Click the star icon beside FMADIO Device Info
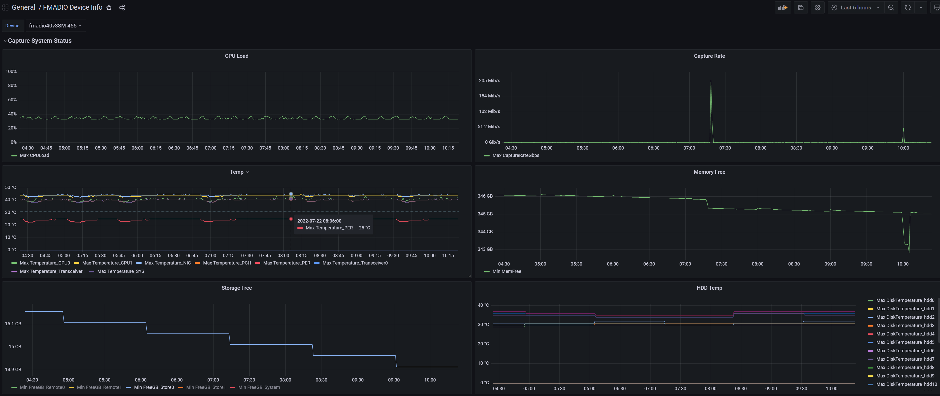pos(109,8)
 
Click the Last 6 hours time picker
pos(856,8)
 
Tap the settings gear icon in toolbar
pos(817,8)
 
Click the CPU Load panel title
pos(236,56)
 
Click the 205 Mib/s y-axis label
pos(489,81)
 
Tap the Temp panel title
pos(236,172)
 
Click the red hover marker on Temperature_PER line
pos(291,219)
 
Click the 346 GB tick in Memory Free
pos(485,196)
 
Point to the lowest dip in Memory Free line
pos(909,252)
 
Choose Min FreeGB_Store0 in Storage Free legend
pos(150,388)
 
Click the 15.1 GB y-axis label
pos(13,324)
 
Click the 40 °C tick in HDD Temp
pos(483,305)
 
